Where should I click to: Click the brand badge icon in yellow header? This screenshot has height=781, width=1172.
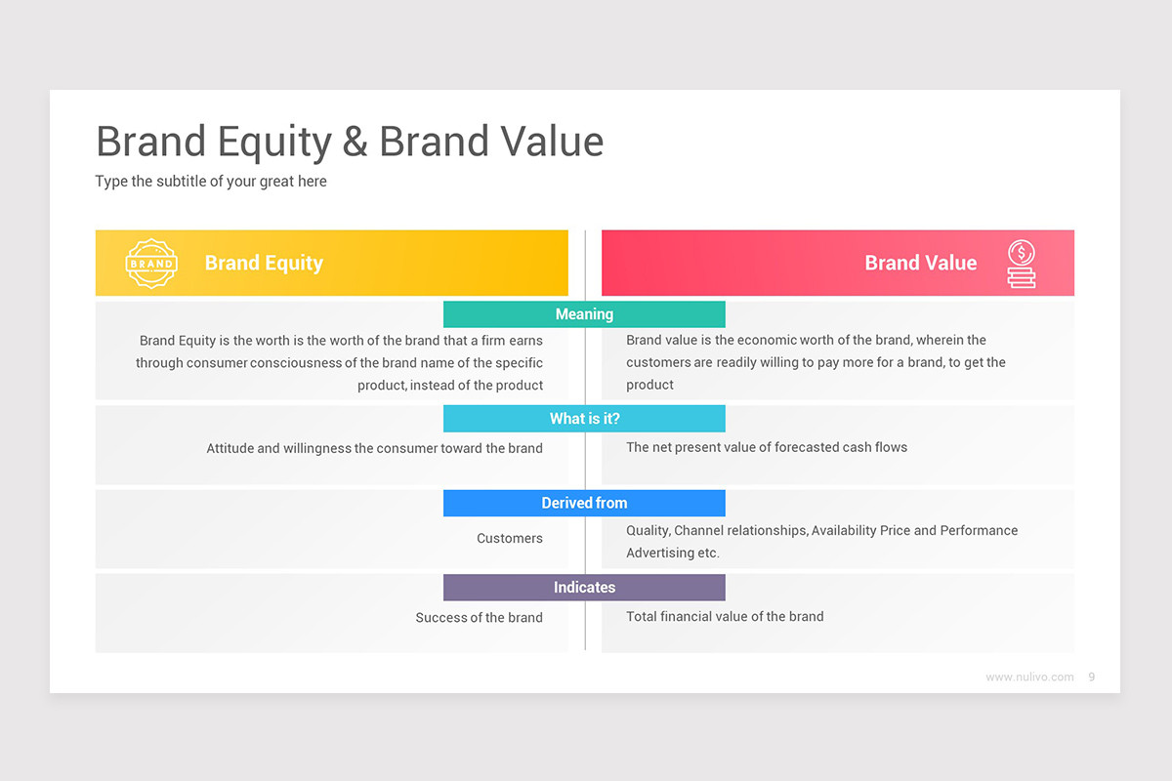(x=151, y=264)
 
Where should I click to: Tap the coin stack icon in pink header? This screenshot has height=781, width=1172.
(x=1022, y=264)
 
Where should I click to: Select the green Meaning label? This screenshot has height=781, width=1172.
(x=584, y=314)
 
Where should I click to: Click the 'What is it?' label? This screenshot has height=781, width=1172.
(x=584, y=419)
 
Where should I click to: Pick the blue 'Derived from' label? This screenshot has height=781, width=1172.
(x=584, y=503)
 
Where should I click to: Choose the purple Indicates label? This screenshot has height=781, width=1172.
(x=584, y=588)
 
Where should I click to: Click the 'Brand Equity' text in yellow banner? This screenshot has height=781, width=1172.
(x=264, y=263)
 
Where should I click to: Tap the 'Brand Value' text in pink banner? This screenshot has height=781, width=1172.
(x=920, y=263)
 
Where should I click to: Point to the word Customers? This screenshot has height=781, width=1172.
(x=509, y=538)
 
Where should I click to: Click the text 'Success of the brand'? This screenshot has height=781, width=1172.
(x=479, y=617)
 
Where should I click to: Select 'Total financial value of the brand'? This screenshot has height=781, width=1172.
(x=725, y=616)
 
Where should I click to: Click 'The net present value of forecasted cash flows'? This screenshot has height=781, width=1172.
(x=767, y=447)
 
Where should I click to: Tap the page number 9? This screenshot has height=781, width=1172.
(x=1091, y=677)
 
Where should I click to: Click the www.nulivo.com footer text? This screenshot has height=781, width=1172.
(x=1029, y=677)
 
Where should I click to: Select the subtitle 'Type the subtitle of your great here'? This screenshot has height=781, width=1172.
(x=211, y=182)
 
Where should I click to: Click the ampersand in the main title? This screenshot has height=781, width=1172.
(x=356, y=143)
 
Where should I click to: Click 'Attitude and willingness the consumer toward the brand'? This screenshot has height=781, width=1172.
(x=374, y=448)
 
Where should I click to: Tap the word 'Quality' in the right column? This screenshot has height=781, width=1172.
(x=647, y=530)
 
